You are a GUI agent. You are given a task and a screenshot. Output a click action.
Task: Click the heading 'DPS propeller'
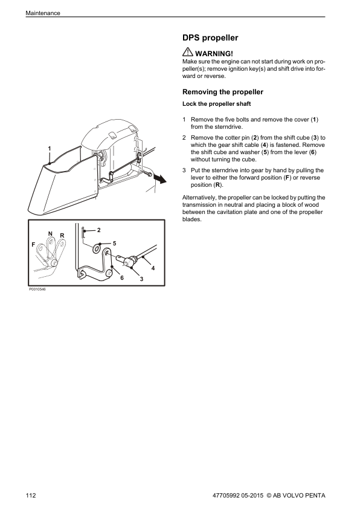click(210, 38)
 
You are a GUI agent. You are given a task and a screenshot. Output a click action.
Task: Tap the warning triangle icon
click(187, 52)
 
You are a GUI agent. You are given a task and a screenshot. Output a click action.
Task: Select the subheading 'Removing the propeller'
click(223, 92)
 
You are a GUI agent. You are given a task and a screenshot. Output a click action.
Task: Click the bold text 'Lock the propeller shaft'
click(217, 104)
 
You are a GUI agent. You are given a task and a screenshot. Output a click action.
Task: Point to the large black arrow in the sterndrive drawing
click(159, 178)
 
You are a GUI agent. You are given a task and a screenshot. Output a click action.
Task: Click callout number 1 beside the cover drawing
click(50, 149)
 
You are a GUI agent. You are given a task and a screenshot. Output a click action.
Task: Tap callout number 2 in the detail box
click(99, 230)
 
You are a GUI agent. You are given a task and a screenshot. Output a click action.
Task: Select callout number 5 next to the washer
click(115, 244)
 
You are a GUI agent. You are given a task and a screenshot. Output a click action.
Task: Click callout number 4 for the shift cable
click(153, 268)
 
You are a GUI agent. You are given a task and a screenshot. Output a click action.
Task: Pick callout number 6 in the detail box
click(122, 278)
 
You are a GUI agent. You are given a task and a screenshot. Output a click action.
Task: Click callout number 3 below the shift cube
click(141, 279)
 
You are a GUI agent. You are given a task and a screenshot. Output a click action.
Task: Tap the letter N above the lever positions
click(50, 234)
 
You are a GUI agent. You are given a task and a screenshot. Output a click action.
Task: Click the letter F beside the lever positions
click(33, 245)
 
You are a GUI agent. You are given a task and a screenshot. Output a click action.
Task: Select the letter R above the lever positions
click(62, 236)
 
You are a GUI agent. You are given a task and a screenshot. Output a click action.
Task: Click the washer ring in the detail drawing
click(96, 249)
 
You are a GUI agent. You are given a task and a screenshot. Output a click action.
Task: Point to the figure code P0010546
click(37, 289)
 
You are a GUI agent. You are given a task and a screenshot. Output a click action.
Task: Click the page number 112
click(31, 495)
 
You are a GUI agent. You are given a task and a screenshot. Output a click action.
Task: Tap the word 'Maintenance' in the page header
click(43, 13)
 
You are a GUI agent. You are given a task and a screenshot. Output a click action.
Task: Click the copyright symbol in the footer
click(269, 495)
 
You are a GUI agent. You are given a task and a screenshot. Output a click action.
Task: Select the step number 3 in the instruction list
click(184, 170)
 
